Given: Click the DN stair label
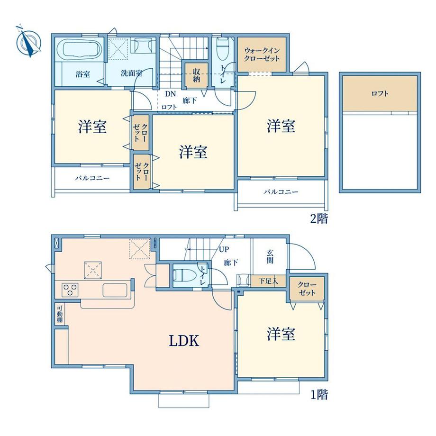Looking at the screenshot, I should [169, 94].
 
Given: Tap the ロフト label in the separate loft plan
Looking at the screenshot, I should [380, 93].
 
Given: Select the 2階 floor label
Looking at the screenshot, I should [318, 218].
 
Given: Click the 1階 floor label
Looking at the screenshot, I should [318, 394].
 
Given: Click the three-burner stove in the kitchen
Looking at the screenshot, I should [70, 289].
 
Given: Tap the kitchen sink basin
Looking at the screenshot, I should [114, 290].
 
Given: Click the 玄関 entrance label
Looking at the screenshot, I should [269, 257].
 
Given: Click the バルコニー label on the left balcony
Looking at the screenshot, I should [92, 179].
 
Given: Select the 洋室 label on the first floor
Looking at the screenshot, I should [281, 335].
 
